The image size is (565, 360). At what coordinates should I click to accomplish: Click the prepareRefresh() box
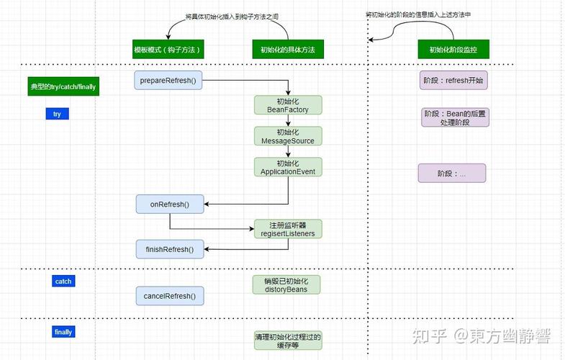coord(169,81)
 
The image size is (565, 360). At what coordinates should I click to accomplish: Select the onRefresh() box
coord(169,204)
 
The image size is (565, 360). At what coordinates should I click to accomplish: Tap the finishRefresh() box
coord(169,250)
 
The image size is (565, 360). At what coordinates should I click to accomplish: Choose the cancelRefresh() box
coord(169,296)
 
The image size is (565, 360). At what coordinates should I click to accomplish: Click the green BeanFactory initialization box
coord(287,105)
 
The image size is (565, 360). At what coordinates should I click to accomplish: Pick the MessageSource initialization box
coord(287,136)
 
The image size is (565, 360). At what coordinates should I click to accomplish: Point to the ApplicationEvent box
coord(287,167)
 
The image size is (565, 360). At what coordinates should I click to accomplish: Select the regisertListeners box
coord(287,229)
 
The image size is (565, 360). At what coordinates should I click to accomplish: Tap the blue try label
coord(57,114)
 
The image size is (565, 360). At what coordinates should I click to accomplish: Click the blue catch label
coord(63,282)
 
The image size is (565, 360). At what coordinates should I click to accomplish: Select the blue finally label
coord(63,332)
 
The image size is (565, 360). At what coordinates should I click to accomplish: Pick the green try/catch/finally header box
coord(63,86)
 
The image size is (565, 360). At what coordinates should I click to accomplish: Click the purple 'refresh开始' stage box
coord(453,81)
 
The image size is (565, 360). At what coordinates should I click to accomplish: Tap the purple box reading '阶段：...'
coord(451,174)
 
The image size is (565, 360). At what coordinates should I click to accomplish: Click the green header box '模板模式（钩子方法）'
coord(167,50)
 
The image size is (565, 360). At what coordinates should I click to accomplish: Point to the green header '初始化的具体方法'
coord(287,50)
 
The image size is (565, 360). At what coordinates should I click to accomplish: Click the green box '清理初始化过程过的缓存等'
coord(287,341)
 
